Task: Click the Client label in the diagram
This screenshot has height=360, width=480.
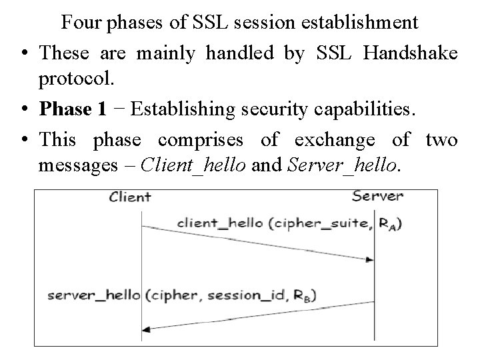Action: point(129,197)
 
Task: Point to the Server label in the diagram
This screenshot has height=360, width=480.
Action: point(377,196)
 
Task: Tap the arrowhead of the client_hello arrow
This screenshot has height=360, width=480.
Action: point(369,260)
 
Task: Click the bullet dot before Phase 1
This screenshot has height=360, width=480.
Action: point(24,109)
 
